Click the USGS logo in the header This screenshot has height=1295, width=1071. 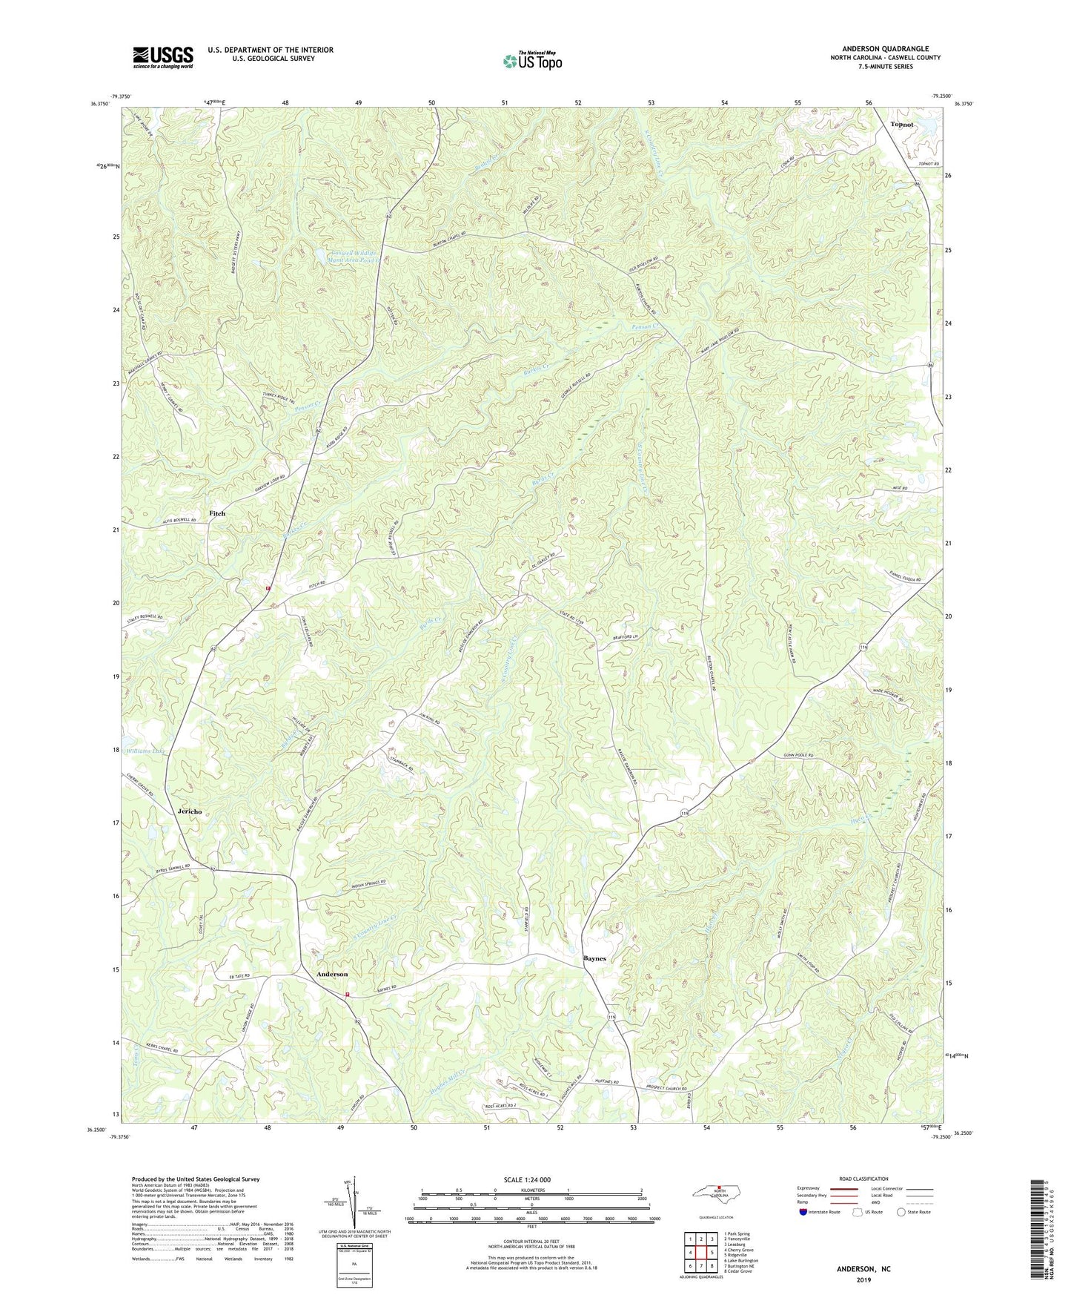(163, 57)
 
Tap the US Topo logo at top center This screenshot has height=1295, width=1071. (531, 61)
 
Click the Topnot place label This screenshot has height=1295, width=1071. (902, 125)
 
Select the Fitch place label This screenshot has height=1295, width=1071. (216, 513)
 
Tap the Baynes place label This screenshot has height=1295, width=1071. (594, 958)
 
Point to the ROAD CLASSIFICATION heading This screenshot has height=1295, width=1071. (863, 1179)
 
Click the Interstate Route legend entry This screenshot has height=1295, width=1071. (820, 1212)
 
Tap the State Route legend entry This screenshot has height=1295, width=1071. (913, 1212)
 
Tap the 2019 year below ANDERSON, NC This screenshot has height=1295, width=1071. (863, 1279)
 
